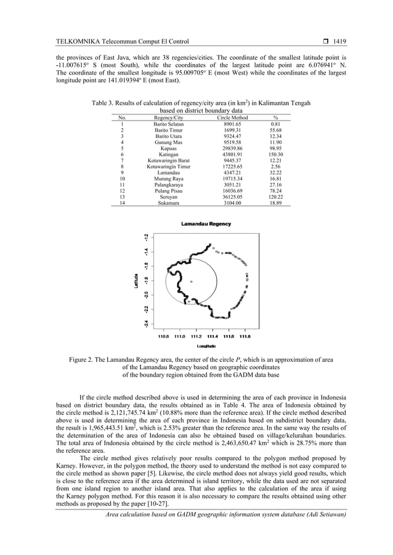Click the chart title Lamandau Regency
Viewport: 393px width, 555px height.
(206, 225)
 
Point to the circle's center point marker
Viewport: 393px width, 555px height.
(191, 281)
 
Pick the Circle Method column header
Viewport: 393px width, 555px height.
(229, 118)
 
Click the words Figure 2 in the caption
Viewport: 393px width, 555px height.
(80, 359)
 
